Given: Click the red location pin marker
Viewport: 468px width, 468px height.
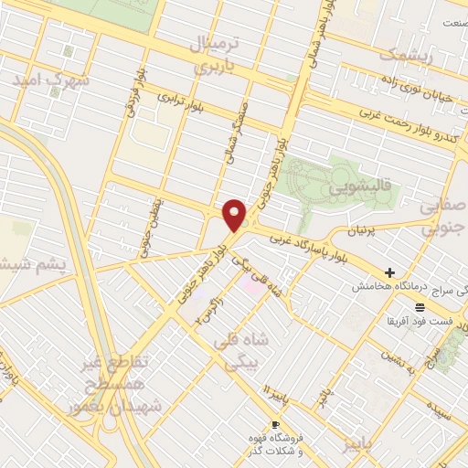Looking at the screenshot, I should tap(235, 214).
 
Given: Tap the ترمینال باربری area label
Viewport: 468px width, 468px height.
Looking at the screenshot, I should tap(213, 55).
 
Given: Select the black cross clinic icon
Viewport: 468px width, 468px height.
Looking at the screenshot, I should tap(390, 272).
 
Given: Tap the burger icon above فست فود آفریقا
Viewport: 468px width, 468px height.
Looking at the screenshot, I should tap(420, 306).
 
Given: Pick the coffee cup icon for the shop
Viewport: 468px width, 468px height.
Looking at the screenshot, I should tap(276, 424).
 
